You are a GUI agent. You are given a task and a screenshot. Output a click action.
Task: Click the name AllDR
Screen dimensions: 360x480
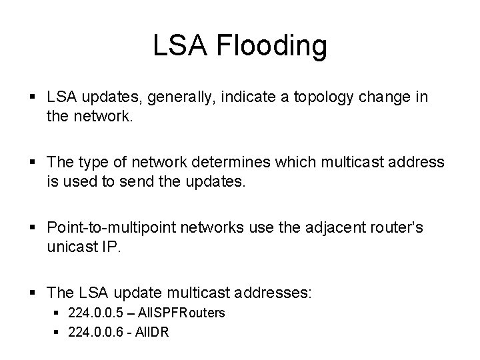[153, 331]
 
